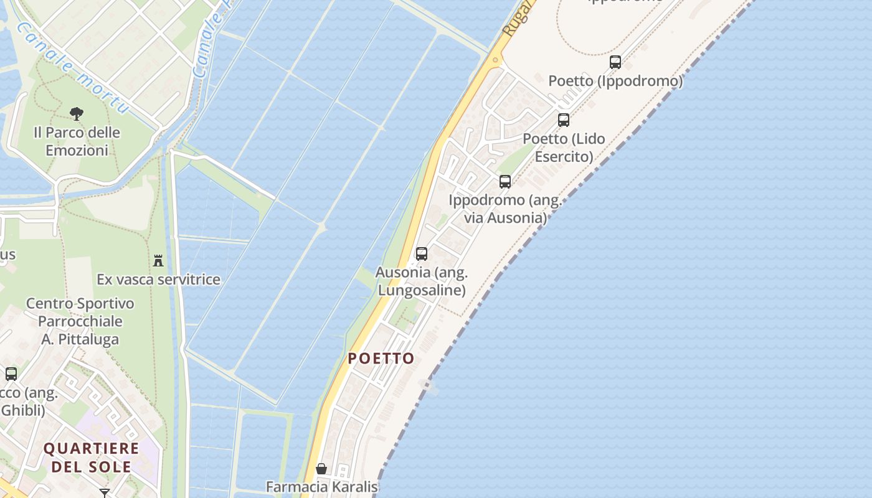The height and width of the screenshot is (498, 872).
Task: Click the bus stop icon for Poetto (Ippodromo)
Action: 615,62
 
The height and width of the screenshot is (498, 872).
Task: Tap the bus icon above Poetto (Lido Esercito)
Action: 564,120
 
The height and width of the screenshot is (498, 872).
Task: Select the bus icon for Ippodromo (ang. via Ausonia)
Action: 505,182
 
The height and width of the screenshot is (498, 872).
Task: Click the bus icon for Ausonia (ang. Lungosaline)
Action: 422,254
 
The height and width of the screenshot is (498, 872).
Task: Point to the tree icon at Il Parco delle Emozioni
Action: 77,113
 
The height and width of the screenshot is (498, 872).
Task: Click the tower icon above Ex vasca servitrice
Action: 158,260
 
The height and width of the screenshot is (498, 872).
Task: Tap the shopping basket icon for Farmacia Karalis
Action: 321,469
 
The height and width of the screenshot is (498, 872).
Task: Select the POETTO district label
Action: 381,359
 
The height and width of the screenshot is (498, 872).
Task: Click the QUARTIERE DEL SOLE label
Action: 92,458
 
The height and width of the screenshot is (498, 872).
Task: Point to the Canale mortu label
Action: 73,68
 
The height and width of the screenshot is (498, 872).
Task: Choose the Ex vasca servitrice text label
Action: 159,280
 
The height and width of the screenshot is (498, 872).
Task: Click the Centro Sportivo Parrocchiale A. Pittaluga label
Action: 80,321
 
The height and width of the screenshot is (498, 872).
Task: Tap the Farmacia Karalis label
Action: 322,487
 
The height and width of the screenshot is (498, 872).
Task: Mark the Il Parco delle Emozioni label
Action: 77,141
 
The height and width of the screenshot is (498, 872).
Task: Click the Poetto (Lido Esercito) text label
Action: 564,148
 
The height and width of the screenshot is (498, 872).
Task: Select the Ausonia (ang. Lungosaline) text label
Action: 422,281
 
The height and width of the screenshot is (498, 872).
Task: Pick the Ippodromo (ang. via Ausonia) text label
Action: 505,209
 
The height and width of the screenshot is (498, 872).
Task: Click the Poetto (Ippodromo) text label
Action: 615,81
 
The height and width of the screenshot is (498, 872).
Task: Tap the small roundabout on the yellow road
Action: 496,60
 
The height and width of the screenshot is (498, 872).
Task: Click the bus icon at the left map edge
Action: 11,374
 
